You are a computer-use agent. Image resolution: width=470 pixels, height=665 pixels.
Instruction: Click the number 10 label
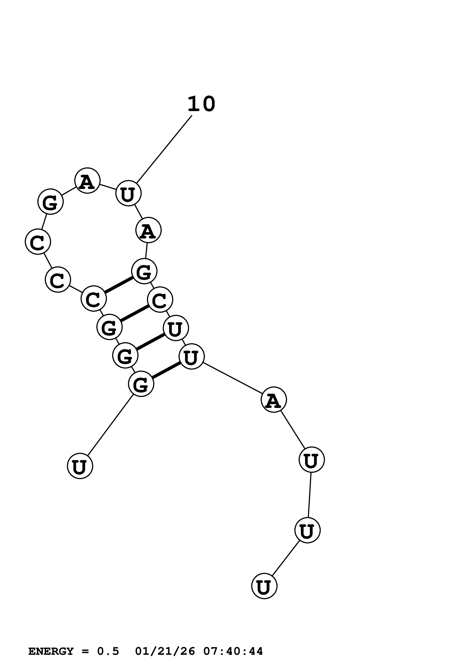click(x=201, y=104)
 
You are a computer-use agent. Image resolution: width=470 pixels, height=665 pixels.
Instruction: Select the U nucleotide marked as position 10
click(x=128, y=193)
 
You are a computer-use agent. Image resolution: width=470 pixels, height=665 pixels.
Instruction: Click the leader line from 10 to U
click(x=164, y=149)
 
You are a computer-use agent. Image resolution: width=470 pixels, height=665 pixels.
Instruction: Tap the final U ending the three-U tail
click(x=264, y=586)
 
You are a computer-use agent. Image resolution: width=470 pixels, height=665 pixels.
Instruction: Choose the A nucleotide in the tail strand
click(x=274, y=399)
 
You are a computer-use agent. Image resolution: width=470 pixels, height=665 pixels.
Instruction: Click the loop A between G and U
click(x=87, y=180)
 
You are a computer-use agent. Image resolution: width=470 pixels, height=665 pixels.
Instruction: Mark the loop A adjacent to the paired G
click(x=148, y=230)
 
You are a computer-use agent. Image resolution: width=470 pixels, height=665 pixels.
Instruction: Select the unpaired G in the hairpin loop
click(x=50, y=202)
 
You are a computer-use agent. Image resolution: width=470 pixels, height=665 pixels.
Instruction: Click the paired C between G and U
click(x=160, y=300)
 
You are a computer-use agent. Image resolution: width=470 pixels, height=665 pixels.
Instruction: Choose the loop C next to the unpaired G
click(x=38, y=242)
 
